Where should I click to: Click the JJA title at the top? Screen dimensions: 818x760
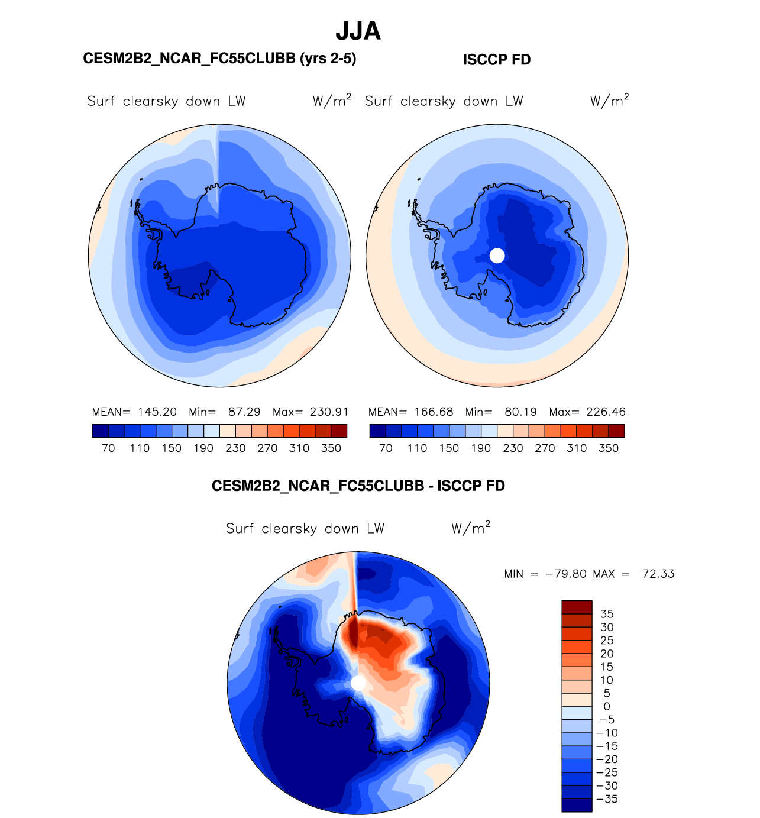point(358,31)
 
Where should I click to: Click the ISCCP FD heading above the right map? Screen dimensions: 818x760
point(496,60)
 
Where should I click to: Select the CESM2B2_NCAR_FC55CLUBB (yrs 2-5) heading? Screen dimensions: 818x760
point(219,59)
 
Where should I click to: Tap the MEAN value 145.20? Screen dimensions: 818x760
point(157,412)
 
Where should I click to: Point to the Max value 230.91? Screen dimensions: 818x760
point(329,412)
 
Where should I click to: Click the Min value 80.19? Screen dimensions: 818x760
point(521,412)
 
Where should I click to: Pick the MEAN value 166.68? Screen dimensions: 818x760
point(434,412)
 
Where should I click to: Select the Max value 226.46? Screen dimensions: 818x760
point(606,412)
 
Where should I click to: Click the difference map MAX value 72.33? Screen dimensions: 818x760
point(658,574)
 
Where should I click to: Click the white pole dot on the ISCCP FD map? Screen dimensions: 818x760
point(497,256)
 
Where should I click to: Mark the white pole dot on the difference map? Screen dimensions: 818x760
point(358,683)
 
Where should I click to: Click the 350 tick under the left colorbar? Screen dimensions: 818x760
point(331,448)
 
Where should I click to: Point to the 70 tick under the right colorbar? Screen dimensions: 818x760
point(386,448)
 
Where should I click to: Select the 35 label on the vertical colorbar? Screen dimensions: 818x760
point(607,614)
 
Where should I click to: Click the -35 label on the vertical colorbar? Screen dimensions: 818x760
point(607,799)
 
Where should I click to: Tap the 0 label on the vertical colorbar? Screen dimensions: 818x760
point(607,706)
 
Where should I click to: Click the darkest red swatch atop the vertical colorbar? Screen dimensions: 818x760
point(577,607)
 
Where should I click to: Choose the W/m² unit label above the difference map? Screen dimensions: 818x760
point(471,528)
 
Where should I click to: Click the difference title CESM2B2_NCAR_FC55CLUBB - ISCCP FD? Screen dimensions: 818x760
point(358,486)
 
